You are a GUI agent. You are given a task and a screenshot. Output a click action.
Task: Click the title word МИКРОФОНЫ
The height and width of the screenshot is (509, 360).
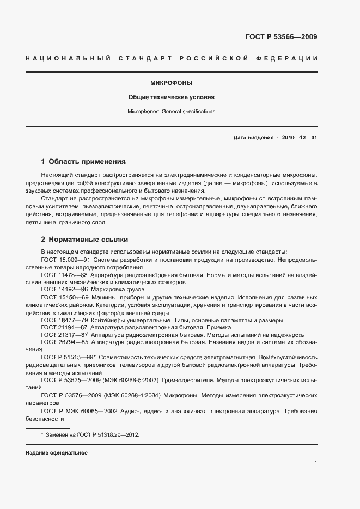172,83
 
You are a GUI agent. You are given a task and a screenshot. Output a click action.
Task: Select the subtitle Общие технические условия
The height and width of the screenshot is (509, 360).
172,97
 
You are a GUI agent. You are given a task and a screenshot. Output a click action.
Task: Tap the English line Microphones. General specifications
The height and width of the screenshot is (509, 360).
172,111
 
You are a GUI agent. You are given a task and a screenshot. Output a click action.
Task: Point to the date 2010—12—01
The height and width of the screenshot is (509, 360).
298,138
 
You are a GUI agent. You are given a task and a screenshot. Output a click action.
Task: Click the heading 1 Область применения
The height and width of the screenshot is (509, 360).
83,162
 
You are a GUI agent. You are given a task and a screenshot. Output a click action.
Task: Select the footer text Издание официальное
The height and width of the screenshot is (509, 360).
57,453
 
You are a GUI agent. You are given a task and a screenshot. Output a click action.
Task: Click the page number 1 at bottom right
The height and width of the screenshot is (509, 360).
315,463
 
